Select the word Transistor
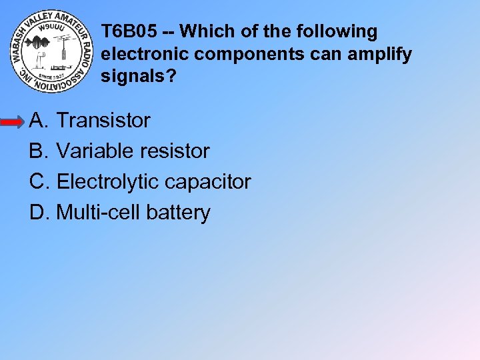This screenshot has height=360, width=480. (103, 121)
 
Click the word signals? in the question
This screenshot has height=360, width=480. (139, 77)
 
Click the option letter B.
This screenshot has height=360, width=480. (37, 151)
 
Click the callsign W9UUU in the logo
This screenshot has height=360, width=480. (51, 28)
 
